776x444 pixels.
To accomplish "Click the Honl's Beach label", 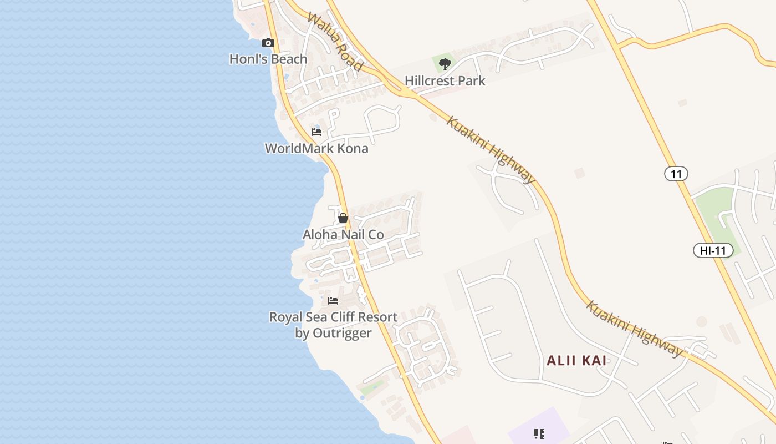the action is [x=268, y=59].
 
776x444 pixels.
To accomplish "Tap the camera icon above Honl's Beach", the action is [x=268, y=43].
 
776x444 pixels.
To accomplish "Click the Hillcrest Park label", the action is [x=445, y=80].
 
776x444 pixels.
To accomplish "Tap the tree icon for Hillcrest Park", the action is [x=445, y=64].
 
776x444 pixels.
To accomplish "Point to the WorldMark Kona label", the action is [x=316, y=148].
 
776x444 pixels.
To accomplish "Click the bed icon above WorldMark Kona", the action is [x=316, y=132].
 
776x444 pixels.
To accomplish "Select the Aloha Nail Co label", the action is [x=343, y=235].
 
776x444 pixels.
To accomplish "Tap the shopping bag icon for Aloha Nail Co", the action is [x=343, y=218].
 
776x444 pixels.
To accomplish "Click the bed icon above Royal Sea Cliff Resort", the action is [x=333, y=301].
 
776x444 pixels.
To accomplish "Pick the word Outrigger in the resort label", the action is [x=342, y=333].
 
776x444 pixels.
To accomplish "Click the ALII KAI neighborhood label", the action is [x=576, y=361].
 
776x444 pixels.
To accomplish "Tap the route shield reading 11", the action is [x=676, y=174].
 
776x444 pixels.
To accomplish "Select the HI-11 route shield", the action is [x=713, y=250].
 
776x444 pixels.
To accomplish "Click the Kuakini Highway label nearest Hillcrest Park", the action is [x=491, y=150].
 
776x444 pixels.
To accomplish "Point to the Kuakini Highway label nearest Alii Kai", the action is [x=635, y=329].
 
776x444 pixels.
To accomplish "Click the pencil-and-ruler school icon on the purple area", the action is [x=539, y=433].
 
